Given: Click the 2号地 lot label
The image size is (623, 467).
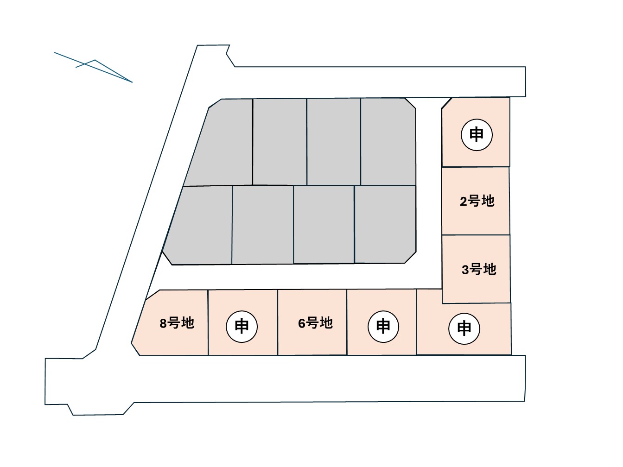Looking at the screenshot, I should [477, 201].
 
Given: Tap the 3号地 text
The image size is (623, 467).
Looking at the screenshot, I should [479, 269].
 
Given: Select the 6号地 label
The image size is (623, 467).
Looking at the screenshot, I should [315, 323].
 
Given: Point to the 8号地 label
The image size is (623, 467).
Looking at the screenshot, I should [177, 323].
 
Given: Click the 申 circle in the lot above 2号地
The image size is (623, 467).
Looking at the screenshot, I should [477, 135].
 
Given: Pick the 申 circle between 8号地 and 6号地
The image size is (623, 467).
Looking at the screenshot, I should [242, 327].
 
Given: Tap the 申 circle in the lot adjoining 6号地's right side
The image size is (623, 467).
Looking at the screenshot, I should [383, 327].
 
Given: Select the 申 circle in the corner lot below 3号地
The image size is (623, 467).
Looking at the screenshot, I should [464, 328].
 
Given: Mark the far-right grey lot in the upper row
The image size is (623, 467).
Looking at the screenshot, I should [388, 141].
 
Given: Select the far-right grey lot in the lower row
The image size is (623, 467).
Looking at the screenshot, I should [385, 224].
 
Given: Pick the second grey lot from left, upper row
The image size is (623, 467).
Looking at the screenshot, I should [280, 141].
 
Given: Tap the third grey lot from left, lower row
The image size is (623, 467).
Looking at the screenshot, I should [324, 224].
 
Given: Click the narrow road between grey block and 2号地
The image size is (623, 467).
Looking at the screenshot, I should [429, 195].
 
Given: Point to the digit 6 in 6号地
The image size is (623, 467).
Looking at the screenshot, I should [302, 323].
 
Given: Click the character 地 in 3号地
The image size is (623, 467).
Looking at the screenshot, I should [489, 269].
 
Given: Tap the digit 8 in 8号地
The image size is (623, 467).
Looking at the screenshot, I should [163, 323].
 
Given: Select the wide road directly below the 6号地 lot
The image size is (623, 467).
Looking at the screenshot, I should [315, 378].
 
